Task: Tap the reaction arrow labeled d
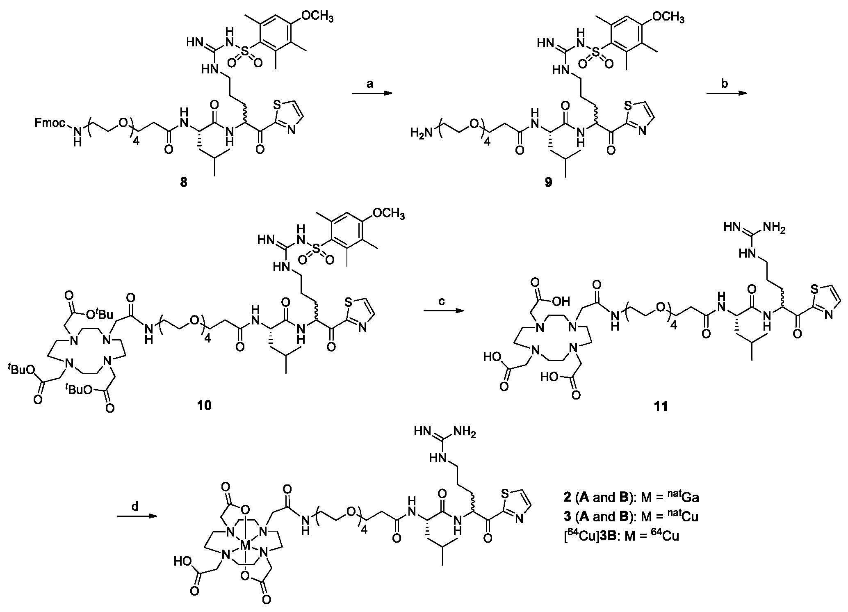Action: (x=137, y=528)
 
